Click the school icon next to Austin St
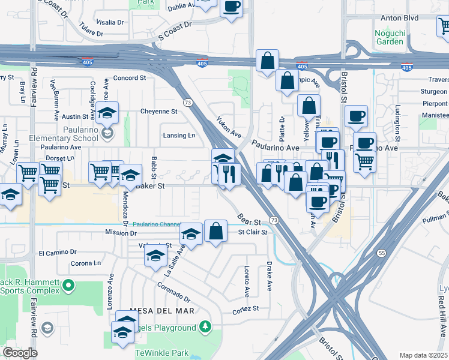point(107,113)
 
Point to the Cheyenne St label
point(158,112)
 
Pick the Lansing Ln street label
point(179,136)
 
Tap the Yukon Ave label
point(228,128)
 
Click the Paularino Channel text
point(157,224)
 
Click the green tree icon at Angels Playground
point(206,327)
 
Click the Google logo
point(20,353)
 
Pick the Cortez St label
point(246,309)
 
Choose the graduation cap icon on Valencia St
point(155,255)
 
